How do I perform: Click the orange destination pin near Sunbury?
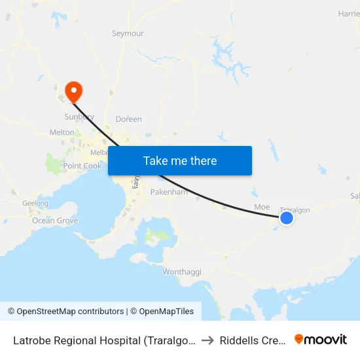[x=74, y=90]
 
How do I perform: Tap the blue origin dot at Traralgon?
[x=287, y=218]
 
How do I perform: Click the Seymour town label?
[x=128, y=33]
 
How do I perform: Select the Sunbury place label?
[x=79, y=117]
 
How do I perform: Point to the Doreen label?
[x=128, y=119]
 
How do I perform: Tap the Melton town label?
[x=62, y=132]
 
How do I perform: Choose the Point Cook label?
[x=82, y=166]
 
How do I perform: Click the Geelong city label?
[x=35, y=204]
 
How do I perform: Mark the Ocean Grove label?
[x=55, y=221]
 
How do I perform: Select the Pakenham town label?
[x=169, y=192]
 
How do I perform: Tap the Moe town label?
[x=262, y=207]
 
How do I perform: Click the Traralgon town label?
[x=295, y=209]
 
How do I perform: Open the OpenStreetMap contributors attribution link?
[x=65, y=312]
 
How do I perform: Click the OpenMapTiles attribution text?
[x=164, y=312]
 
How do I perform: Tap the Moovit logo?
[x=321, y=339]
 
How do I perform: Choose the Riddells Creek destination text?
[x=253, y=340]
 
